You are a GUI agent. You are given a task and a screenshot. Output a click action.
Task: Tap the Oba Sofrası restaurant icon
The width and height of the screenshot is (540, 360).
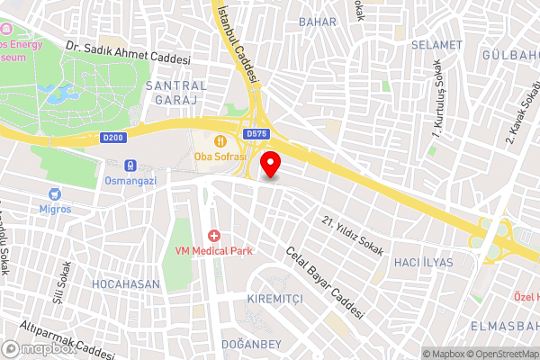coord(219,139)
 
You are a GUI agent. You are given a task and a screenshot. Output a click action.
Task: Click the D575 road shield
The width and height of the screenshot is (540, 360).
coord(255,133)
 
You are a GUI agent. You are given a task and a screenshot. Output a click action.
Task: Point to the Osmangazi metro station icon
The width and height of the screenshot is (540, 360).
coord(130,166)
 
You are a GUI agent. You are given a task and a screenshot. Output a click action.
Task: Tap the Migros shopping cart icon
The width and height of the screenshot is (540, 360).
coord(55,193)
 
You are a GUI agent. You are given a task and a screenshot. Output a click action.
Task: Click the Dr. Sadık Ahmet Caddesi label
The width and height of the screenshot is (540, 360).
coord(128,50)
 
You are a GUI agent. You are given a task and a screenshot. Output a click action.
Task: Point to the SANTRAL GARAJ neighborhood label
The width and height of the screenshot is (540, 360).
coord(175,92)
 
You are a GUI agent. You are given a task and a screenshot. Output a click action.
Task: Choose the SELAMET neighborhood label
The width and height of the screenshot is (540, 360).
coord(436,44)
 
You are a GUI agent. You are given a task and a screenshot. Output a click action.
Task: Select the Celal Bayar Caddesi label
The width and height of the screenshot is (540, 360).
coord(324,284)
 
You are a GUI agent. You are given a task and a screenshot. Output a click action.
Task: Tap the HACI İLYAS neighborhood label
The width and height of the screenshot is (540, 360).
coord(424,262)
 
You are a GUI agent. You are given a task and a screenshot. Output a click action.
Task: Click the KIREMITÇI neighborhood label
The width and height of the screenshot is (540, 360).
coord(277,297)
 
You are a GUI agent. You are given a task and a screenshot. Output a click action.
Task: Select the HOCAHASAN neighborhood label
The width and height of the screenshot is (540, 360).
coord(126,283)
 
